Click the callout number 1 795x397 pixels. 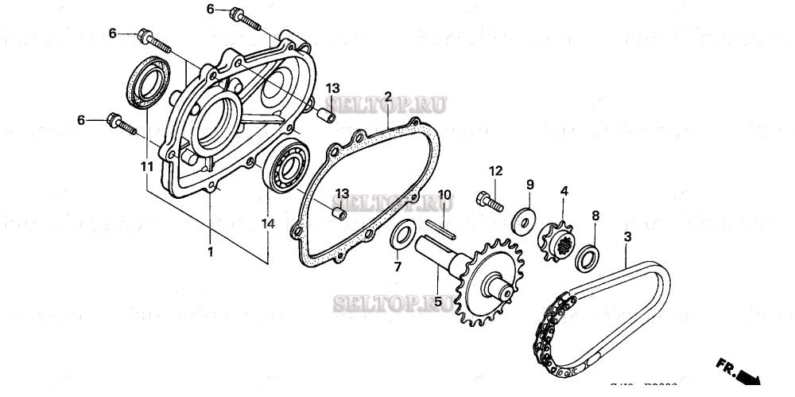(x=210, y=252)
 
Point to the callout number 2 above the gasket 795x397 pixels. (x=388, y=97)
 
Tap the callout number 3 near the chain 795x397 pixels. (x=627, y=237)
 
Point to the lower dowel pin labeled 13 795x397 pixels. (x=339, y=214)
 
